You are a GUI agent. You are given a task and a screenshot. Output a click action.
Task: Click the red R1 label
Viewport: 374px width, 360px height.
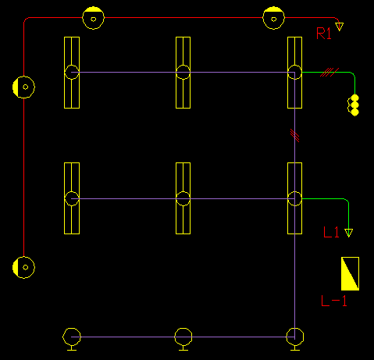pyautogui.click(x=324, y=34)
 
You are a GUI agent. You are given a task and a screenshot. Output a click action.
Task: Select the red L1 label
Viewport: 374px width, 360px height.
pyautogui.click(x=331, y=232)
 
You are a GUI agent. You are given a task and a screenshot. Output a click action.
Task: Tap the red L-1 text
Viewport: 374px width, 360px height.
pyautogui.click(x=334, y=301)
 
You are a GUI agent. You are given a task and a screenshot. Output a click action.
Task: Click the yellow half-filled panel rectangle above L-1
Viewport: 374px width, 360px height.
pyautogui.click(x=350, y=273)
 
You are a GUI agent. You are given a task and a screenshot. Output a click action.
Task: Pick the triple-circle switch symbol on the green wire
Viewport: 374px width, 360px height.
pyautogui.click(x=353, y=105)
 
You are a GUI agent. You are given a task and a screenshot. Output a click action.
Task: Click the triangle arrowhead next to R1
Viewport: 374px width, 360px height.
pyautogui.click(x=339, y=27)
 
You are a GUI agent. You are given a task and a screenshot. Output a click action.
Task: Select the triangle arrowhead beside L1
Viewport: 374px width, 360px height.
pyautogui.click(x=348, y=233)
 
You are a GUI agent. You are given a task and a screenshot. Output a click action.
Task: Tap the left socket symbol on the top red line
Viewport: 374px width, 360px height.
pyautogui.click(x=93, y=18)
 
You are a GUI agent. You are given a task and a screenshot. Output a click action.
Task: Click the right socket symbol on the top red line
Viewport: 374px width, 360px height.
pyautogui.click(x=273, y=18)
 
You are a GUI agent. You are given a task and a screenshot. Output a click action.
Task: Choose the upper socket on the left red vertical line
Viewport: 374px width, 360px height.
pyautogui.click(x=23, y=87)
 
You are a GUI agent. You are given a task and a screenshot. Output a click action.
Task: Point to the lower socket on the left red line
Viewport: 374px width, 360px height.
pyautogui.click(x=23, y=267)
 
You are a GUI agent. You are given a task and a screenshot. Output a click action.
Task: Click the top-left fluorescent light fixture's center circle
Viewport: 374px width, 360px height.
pyautogui.click(x=72, y=72)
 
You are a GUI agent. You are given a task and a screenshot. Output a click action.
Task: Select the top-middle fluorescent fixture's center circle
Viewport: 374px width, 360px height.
pyautogui.click(x=183, y=72)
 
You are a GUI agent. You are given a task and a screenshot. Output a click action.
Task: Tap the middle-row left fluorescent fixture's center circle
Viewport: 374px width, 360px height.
pyautogui.click(x=72, y=198)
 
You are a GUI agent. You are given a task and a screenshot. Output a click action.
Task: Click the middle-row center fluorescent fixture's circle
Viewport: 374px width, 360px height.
pyautogui.click(x=183, y=198)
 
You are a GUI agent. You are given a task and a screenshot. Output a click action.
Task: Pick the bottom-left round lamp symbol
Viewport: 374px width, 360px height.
pyautogui.click(x=72, y=338)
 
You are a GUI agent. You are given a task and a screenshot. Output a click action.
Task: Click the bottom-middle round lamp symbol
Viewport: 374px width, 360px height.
pyautogui.click(x=183, y=338)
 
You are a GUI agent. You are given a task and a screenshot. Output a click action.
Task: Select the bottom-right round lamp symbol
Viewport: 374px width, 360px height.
pyautogui.click(x=295, y=338)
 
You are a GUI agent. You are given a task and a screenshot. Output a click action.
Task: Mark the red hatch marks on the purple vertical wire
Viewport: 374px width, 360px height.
pyautogui.click(x=295, y=136)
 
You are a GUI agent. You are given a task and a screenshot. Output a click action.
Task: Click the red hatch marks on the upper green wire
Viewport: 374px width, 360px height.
pyautogui.click(x=329, y=73)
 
